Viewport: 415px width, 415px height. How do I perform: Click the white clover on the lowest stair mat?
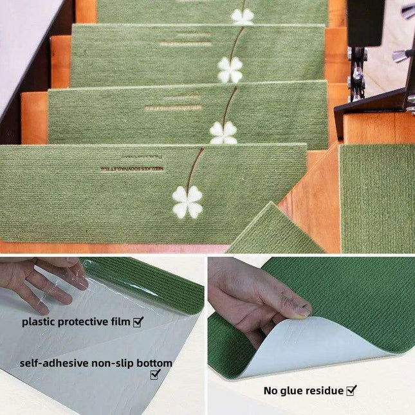(187, 202)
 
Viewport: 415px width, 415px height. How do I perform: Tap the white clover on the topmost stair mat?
(243, 17)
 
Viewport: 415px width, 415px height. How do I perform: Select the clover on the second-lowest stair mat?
(223, 133)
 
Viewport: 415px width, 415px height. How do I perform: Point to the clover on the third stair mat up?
(230, 70)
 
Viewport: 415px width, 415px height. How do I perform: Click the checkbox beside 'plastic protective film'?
(138, 321)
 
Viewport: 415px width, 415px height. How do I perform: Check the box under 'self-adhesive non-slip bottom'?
(155, 374)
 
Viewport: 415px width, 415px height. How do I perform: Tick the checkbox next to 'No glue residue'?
(351, 390)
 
